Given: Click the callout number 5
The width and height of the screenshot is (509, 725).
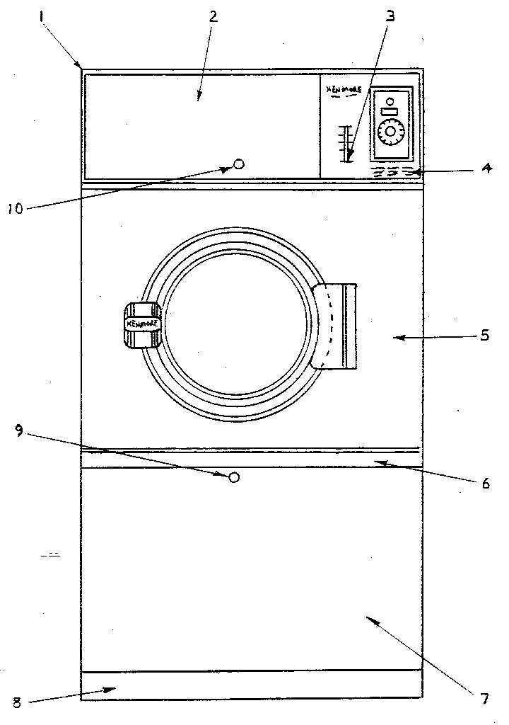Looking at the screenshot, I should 485,335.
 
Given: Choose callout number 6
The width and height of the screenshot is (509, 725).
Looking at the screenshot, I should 485,484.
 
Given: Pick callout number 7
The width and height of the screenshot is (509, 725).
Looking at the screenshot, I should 485,699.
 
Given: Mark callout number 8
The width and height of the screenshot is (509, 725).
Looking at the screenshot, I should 17,702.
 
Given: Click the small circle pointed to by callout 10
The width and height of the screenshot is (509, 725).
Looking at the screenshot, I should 239,164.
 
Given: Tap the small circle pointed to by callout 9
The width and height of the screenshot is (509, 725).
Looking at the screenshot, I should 235,477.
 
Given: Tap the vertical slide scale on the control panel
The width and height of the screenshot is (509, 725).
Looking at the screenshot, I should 346,144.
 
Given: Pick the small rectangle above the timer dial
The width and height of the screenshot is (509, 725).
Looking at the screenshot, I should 390,112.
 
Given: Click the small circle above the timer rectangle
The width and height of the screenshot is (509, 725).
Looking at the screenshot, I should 390,101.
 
